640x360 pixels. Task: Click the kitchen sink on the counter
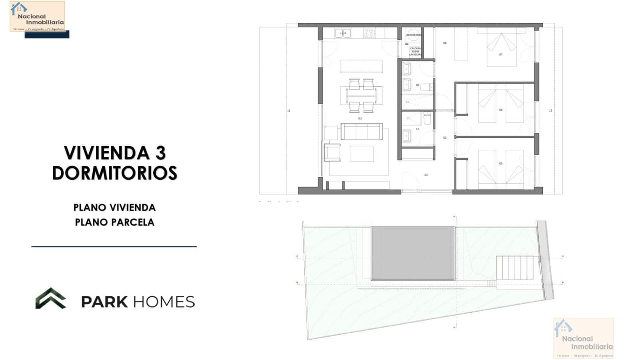[343, 33]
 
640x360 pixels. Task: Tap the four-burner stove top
[369, 33]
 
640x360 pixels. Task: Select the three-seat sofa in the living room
[362, 131]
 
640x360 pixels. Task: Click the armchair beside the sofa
[332, 152]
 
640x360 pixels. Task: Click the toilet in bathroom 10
[427, 118]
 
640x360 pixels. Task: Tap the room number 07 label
[501, 54]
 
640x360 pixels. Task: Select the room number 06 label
[501, 110]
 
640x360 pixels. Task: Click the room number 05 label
[501, 164]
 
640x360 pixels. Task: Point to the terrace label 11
[289, 110]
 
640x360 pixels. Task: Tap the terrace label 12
[550, 110]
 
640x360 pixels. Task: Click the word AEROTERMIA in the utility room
[414, 35]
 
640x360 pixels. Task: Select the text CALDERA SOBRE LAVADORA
[415, 51]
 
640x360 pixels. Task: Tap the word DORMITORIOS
[114, 173]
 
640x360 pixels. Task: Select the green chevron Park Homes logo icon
[51, 298]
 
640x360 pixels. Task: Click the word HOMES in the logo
[164, 302]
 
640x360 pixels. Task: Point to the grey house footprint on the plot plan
[413, 254]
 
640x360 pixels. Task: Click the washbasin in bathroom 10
[407, 135]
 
